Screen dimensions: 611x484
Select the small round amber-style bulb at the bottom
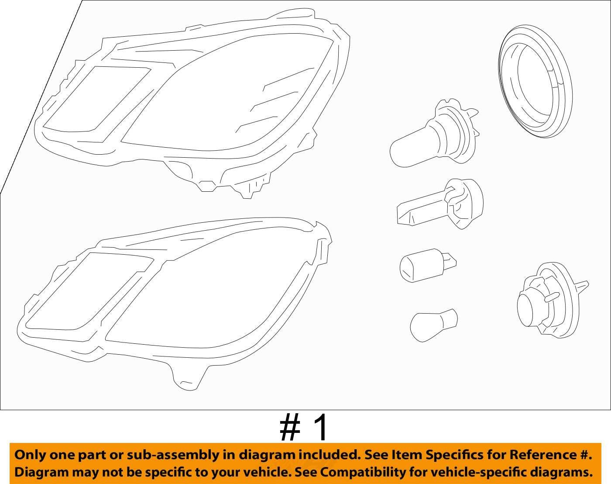pyautogui.click(x=433, y=325)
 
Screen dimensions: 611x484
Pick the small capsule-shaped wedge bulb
pyautogui.click(x=427, y=265)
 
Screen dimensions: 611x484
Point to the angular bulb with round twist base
pyautogui.click(x=439, y=204)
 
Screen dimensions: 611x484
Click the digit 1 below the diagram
pyautogui.click(x=320, y=428)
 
